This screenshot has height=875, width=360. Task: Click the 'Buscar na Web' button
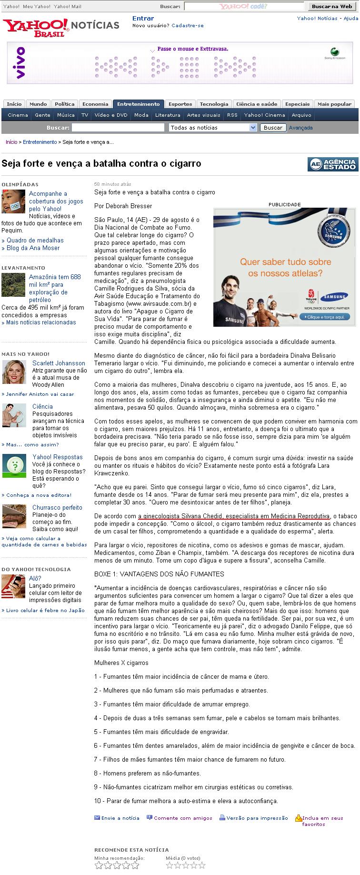coord(332,6)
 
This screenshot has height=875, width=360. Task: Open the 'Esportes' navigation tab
coord(180,104)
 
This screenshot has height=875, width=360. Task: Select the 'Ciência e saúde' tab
coord(257,104)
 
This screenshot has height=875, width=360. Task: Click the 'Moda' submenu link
coord(141,115)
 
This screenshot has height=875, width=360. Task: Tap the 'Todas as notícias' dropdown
coord(213,128)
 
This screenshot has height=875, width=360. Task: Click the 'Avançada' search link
coord(300,128)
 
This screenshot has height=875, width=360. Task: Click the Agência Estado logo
coord(332,164)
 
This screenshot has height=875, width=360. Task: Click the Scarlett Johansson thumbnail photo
coord(14,372)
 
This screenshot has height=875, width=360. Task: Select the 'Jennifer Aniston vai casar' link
coord(40,394)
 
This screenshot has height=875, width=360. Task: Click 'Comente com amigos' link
coord(183,818)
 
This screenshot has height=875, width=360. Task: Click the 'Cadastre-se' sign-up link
coord(187,26)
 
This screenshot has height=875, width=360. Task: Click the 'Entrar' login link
coord(143,19)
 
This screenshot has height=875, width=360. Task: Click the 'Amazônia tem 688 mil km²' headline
coord(54,288)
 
